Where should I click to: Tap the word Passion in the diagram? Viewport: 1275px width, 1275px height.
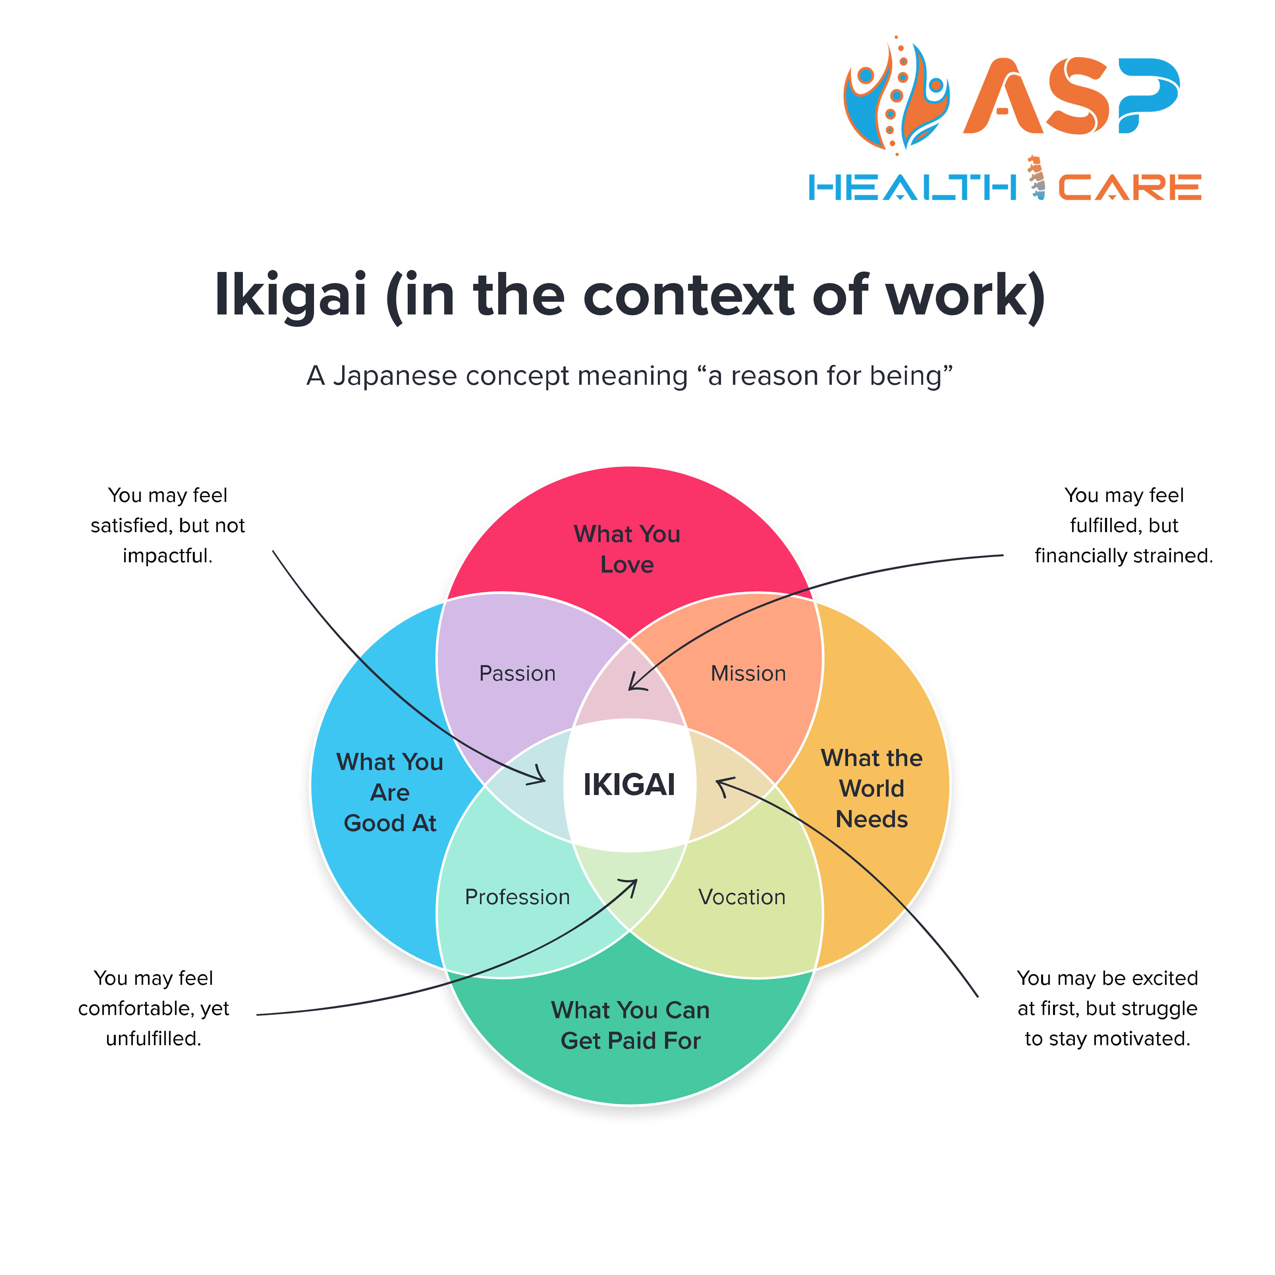pos(517,674)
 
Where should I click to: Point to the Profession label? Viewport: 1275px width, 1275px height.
pos(517,897)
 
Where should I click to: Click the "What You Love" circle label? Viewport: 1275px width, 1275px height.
pos(627,549)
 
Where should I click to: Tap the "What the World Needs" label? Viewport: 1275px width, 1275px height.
pos(872,789)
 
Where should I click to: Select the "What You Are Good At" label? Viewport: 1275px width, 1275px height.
pos(390,793)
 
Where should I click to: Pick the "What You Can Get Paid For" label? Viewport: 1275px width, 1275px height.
pos(630,1026)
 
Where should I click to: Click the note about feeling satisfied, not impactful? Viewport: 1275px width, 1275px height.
pos(168,525)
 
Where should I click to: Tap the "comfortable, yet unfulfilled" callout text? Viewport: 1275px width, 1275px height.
pos(154,1008)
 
